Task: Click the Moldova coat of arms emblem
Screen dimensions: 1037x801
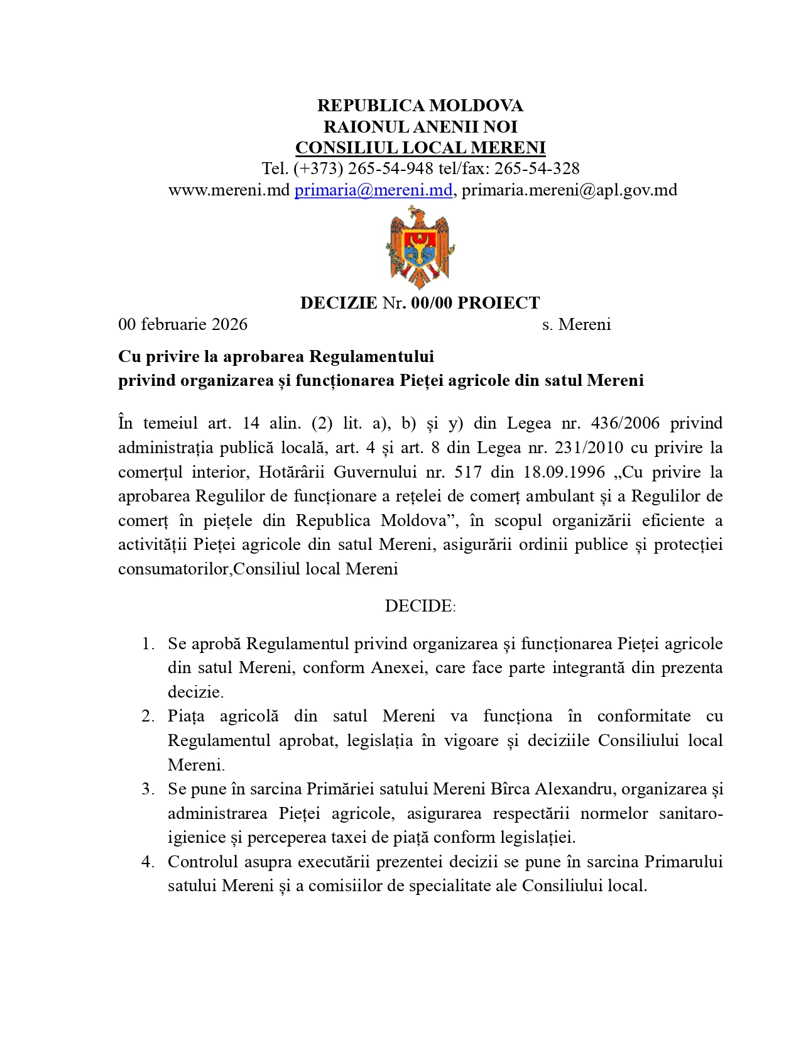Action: [420, 247]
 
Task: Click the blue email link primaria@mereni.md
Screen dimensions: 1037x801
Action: [373, 190]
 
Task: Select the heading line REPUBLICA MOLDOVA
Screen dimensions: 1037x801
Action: [420, 106]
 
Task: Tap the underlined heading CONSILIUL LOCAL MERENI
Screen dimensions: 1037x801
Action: [420, 148]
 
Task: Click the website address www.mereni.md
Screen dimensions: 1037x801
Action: [229, 190]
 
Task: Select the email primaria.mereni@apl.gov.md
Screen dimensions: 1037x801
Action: [569, 190]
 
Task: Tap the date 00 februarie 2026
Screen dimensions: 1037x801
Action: [183, 324]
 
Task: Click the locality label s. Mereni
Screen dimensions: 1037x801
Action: [576, 324]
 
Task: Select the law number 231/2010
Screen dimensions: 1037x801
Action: [589, 447]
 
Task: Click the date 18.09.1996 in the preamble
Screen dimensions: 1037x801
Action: [570, 472]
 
